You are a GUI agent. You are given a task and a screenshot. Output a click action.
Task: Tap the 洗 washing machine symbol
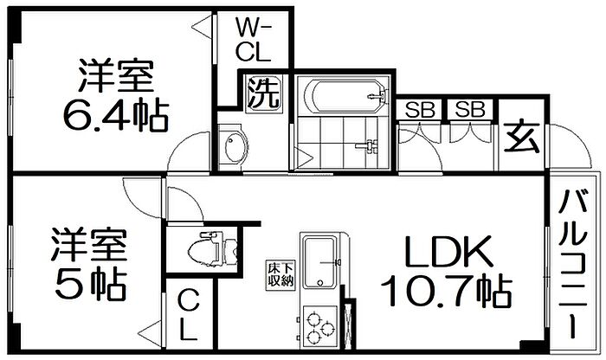tap(263, 93)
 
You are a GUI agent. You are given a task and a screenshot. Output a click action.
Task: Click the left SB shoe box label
tap(420, 110)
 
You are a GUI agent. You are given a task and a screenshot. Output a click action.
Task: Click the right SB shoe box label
tap(470, 109)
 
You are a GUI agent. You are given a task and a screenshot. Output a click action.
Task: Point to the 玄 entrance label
tap(522, 139)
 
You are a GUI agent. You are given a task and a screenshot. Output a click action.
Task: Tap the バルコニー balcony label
tap(574, 265)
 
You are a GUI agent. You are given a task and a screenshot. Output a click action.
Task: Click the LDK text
tap(448, 251)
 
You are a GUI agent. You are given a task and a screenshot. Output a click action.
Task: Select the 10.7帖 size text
tap(447, 290)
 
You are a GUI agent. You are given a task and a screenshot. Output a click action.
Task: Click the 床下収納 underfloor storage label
tap(280, 273)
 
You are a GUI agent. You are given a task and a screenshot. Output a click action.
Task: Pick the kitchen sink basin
tap(319, 261)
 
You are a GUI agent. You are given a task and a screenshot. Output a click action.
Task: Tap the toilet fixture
tap(212, 248)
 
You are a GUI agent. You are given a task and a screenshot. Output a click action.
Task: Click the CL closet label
tap(190, 316)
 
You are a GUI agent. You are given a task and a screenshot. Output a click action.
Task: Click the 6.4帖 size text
tap(116, 115)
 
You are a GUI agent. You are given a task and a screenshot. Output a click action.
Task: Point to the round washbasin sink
tap(234, 148)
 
